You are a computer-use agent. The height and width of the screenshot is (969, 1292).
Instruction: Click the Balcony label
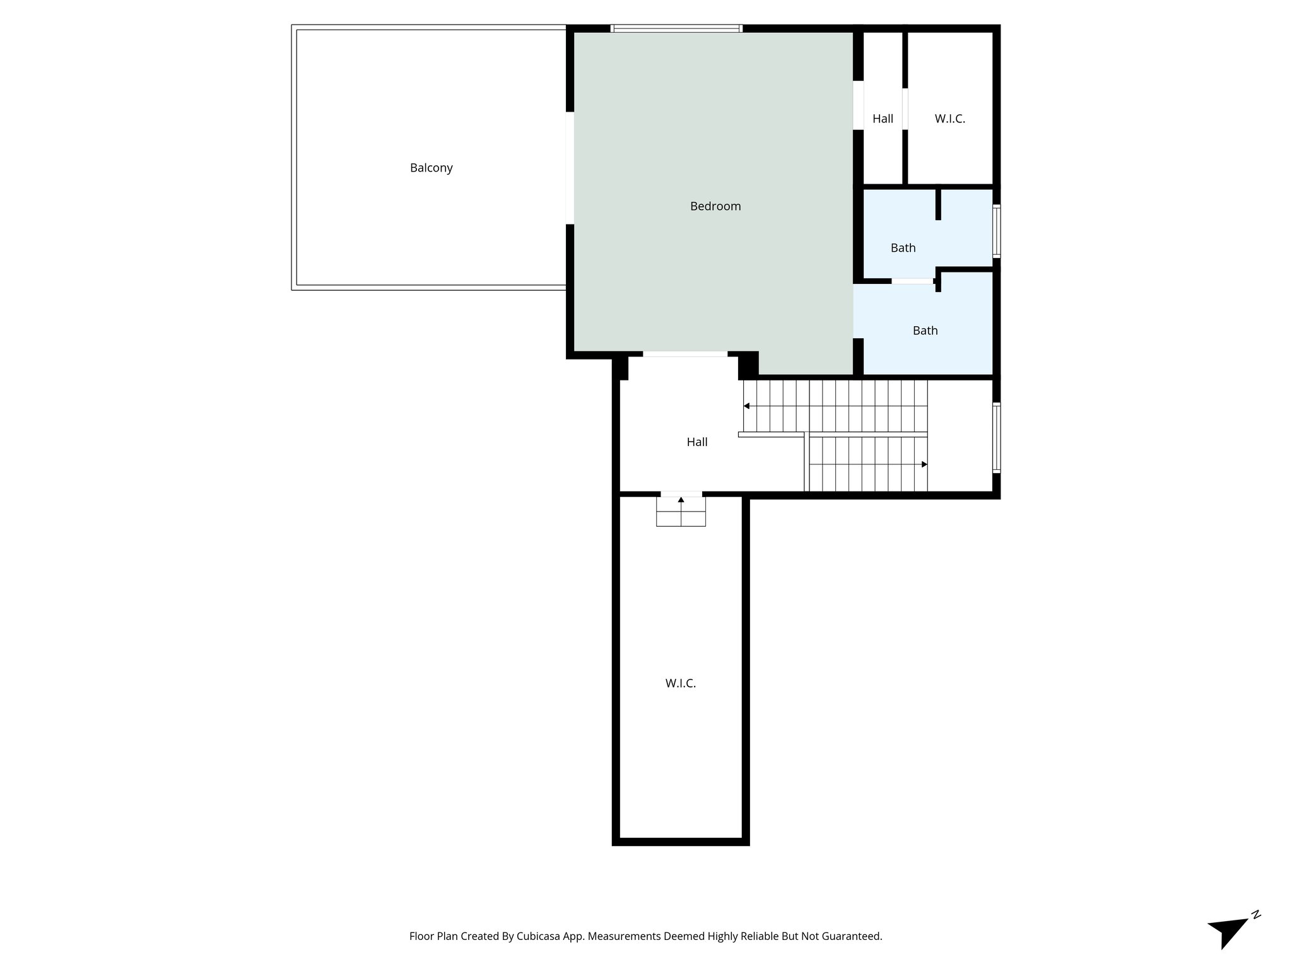coord(431,168)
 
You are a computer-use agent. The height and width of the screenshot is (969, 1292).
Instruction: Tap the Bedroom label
coord(715,206)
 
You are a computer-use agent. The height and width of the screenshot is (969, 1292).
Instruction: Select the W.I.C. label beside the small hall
coord(949,119)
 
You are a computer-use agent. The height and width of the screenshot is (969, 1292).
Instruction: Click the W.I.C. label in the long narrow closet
coord(680,683)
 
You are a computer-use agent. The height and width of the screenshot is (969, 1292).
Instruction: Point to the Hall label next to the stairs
coord(696,442)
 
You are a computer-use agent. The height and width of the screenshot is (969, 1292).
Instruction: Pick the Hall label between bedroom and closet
coord(883,119)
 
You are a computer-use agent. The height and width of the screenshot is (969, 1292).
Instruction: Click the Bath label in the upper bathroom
coord(903,248)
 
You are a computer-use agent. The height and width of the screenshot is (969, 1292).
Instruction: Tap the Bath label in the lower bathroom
coord(925,331)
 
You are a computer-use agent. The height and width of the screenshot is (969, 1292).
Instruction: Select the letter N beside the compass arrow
coord(1255,914)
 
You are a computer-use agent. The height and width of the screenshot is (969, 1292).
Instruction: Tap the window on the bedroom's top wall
coord(676,28)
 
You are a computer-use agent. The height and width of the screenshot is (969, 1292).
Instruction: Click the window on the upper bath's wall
coord(996,230)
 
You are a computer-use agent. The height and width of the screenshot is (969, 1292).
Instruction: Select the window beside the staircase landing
coord(996,437)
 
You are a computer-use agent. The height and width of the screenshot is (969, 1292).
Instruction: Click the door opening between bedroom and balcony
coord(570,168)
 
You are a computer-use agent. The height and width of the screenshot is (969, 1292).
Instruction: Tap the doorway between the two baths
coord(912,281)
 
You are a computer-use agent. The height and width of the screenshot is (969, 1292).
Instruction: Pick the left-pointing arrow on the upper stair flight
coord(747,406)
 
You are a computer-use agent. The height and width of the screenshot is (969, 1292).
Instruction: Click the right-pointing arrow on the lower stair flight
coord(924,464)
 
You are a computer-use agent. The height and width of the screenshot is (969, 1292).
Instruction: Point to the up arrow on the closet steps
coord(681,500)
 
